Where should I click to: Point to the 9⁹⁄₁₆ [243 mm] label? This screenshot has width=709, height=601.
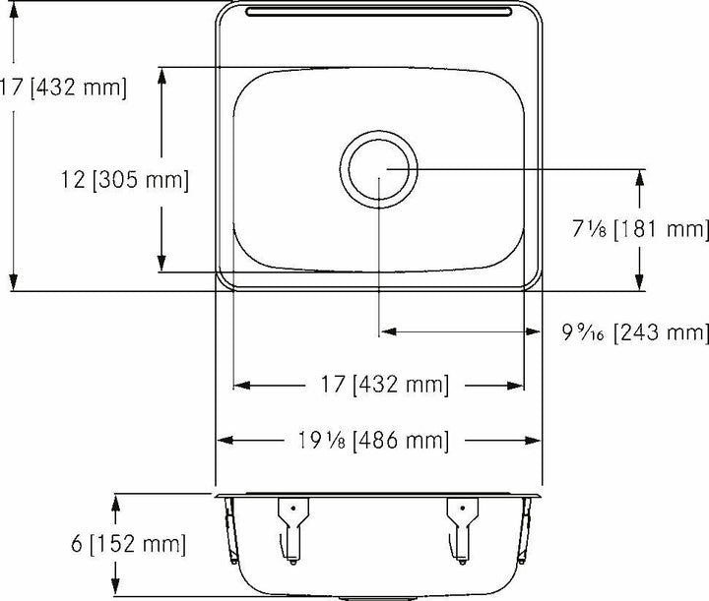[635, 333]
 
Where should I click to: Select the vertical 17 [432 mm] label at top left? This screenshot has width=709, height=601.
[63, 89]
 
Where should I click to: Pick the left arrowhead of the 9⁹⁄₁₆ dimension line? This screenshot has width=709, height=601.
[387, 332]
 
